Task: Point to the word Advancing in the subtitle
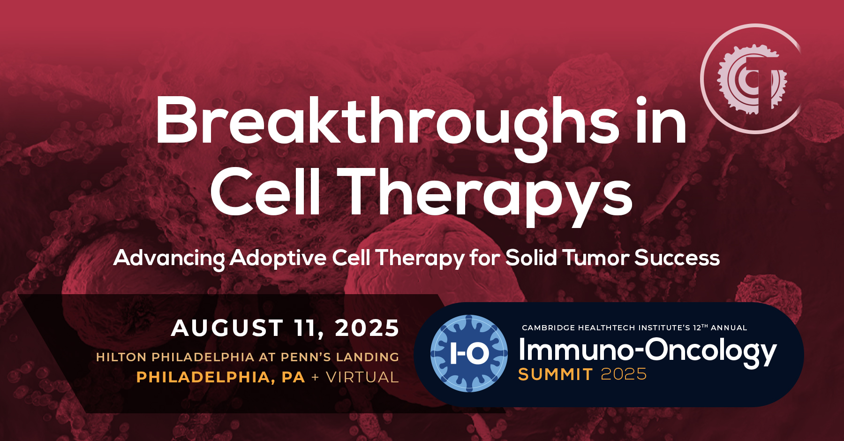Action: pos(169,258)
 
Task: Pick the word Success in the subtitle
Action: pos(677,258)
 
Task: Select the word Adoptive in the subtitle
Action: pos(278,258)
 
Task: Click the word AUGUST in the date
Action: pos(227,328)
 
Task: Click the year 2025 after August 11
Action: pos(367,328)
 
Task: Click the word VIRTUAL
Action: pos(362,377)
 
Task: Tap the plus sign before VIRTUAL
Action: pos(315,377)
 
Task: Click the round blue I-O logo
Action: pos(469,353)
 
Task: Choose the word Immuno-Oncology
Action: pos(648,351)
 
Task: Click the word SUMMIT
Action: pos(556,374)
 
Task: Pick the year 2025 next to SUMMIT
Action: pos(624,374)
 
